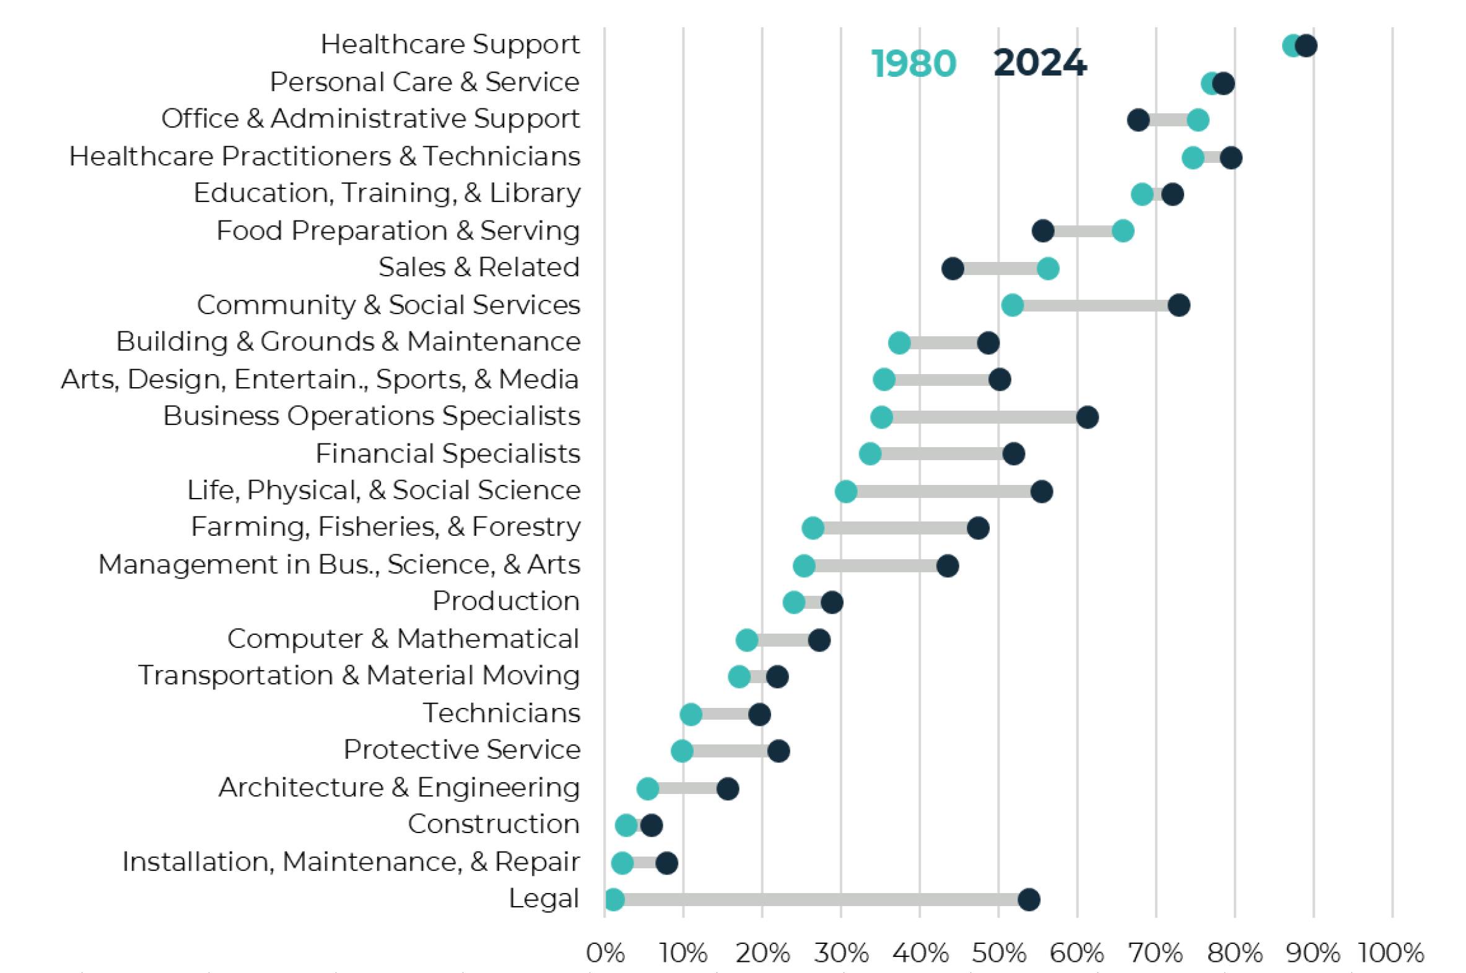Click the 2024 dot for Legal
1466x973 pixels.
tap(1029, 899)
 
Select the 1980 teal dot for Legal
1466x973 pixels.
tap(614, 899)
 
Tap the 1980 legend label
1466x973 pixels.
tap(913, 63)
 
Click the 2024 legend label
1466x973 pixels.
tap(1039, 63)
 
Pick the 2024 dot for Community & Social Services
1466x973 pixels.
tap(1178, 305)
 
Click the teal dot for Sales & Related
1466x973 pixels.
tap(1048, 269)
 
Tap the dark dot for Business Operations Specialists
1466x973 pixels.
tap(1087, 417)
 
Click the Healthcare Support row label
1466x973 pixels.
tap(450, 44)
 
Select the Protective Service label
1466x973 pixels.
tap(461, 749)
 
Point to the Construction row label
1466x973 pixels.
tap(493, 824)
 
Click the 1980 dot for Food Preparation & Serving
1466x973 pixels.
tap(1123, 232)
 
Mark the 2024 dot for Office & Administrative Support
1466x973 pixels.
tap(1138, 120)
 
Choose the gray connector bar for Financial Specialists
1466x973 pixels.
tap(941, 454)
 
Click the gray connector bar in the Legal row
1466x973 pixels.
tap(819, 899)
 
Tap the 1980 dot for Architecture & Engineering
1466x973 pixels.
tap(647, 788)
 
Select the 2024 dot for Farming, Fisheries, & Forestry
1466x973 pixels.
tap(979, 528)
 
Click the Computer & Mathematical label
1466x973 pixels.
tap(403, 639)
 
